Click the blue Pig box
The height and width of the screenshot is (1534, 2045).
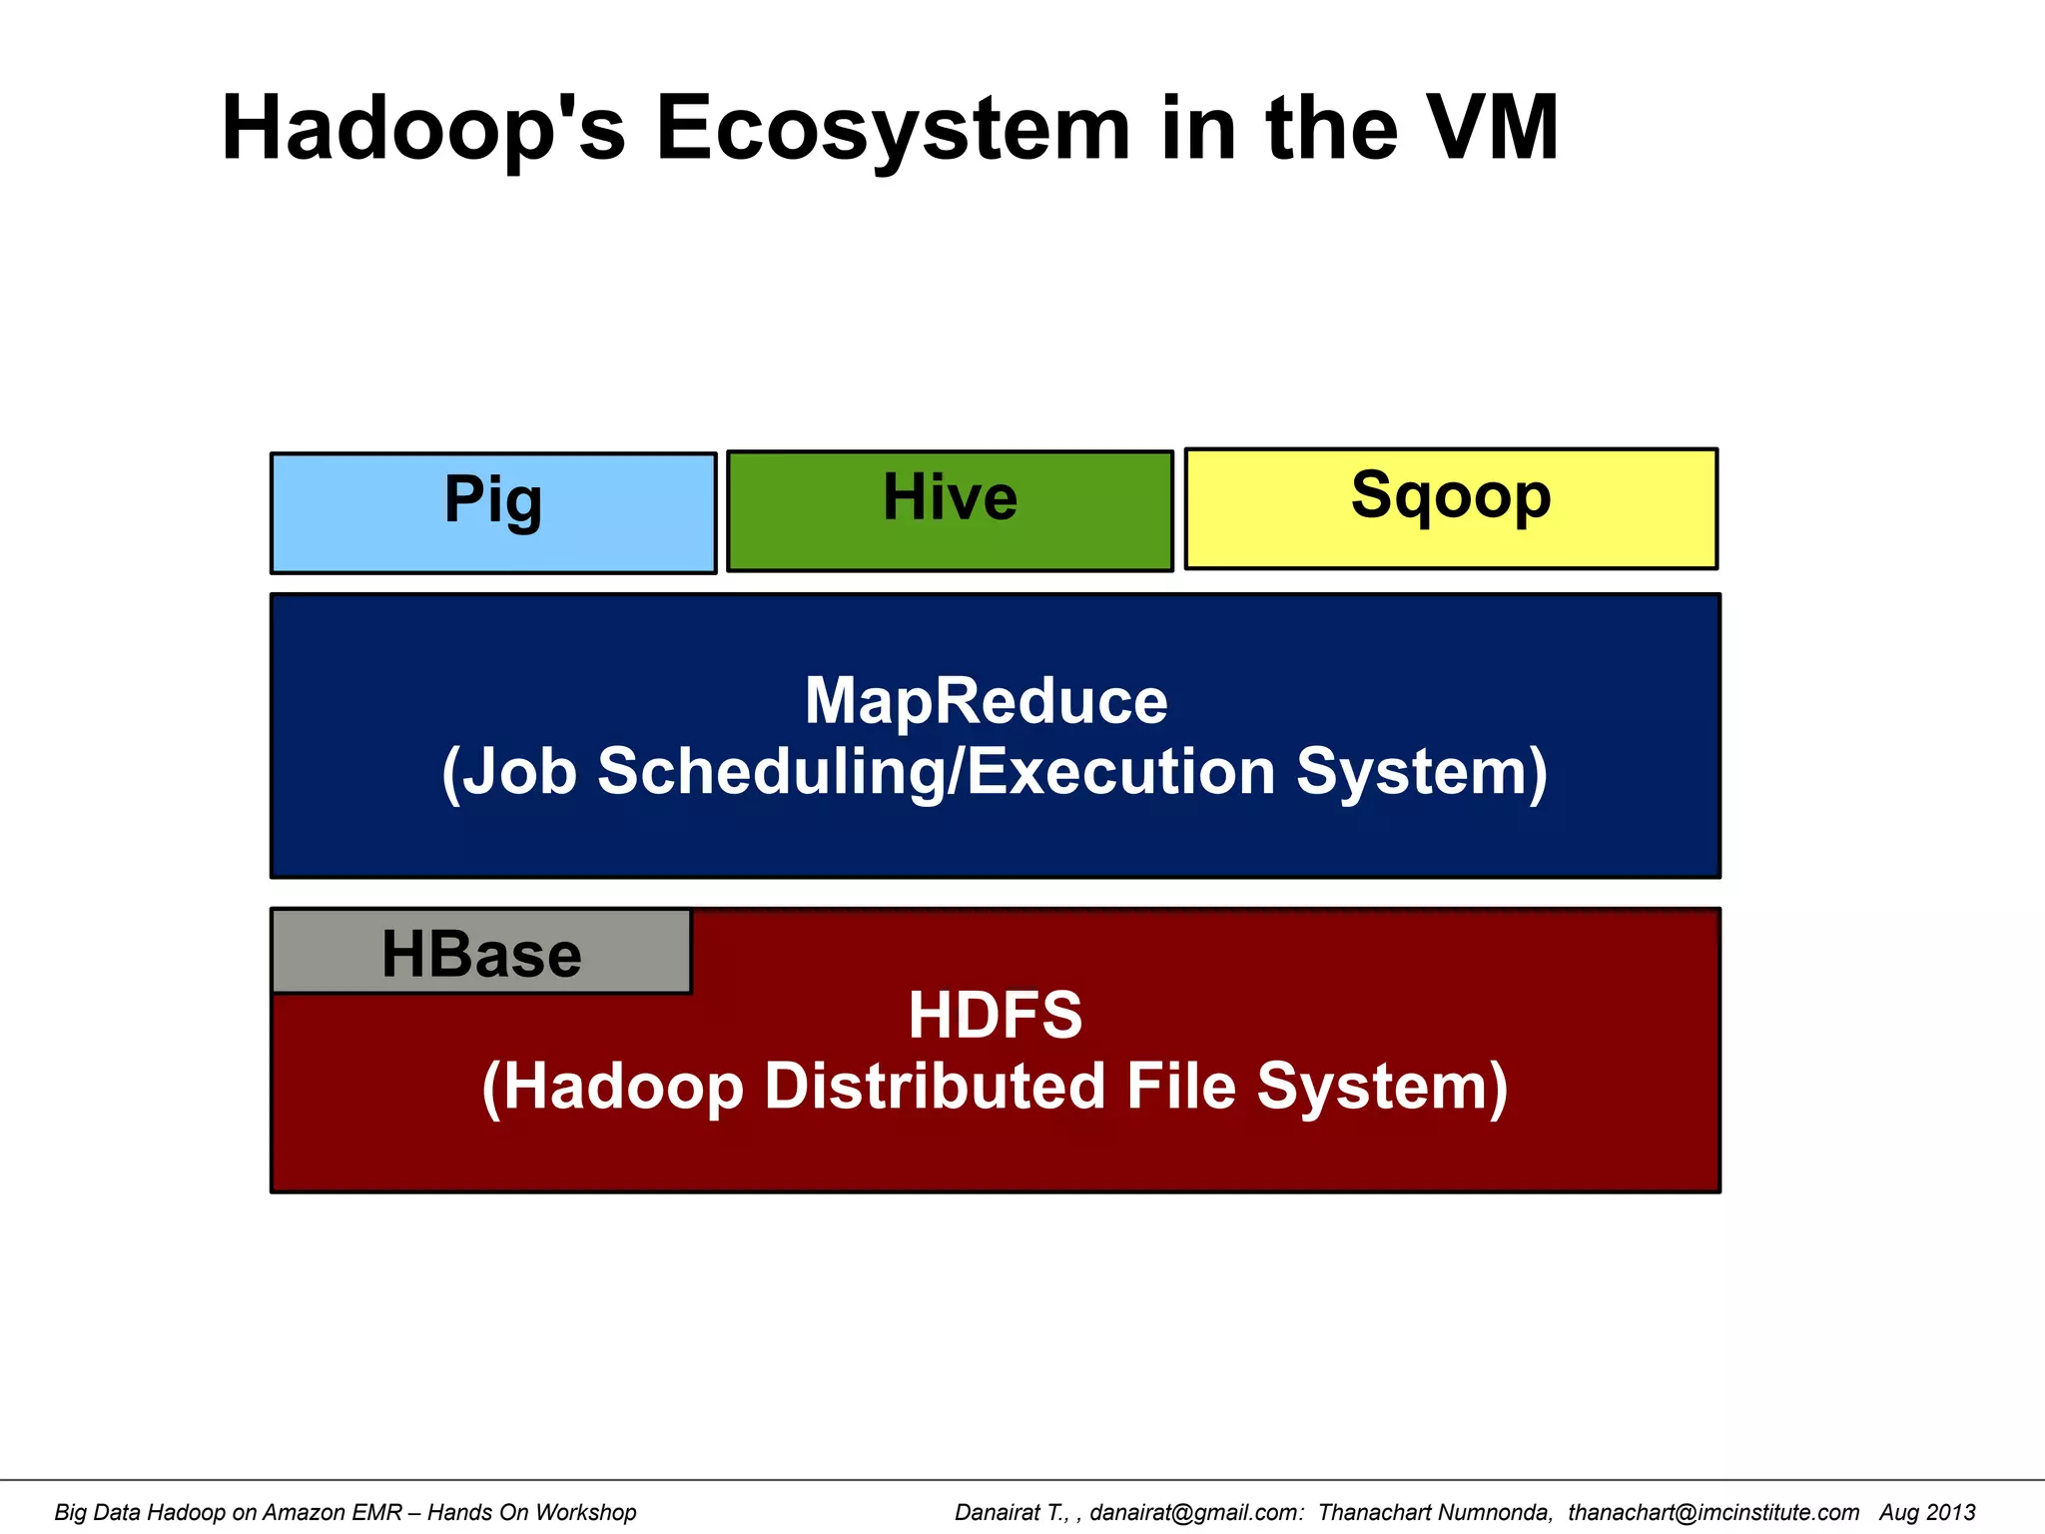pyautogui.click(x=493, y=513)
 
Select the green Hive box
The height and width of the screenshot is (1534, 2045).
pyautogui.click(x=950, y=511)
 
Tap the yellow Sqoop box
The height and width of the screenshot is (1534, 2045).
pyautogui.click(x=1451, y=509)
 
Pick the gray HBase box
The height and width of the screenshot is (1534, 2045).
pyautogui.click(x=481, y=953)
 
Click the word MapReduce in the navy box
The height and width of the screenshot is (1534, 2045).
pyautogui.click(x=986, y=701)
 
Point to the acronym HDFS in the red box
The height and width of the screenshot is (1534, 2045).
pyautogui.click(x=995, y=1015)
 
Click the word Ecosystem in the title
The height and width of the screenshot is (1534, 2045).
pyautogui.click(x=893, y=128)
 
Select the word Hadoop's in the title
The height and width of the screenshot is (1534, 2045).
pyautogui.click(x=423, y=128)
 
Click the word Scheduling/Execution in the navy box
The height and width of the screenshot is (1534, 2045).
pyautogui.click(x=937, y=772)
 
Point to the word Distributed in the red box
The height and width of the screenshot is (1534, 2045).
pyautogui.click(x=935, y=1087)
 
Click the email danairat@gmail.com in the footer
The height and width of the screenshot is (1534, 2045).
pyautogui.click(x=1196, y=1512)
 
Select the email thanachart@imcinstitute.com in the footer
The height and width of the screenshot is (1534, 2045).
pyautogui.click(x=1713, y=1512)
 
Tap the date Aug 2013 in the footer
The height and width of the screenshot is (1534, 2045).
pyautogui.click(x=1927, y=1512)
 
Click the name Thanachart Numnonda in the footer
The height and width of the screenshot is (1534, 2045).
pyautogui.click(x=1435, y=1512)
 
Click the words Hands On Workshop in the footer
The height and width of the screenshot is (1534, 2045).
pyautogui.click(x=531, y=1512)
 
